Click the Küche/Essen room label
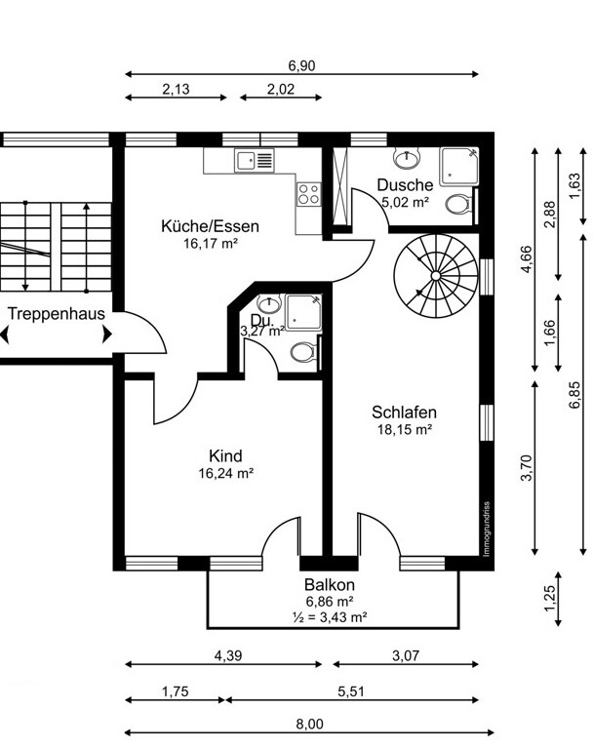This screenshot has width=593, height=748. (x=210, y=225)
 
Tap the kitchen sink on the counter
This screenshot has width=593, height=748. (x=255, y=160)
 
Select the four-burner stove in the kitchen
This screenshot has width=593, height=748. (x=308, y=194)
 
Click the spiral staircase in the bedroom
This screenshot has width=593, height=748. (x=436, y=276)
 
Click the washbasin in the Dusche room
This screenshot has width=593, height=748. (x=407, y=157)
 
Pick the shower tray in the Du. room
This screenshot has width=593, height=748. (x=303, y=311)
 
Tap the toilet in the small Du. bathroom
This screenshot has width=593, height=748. (x=303, y=352)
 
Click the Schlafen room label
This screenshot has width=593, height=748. (x=404, y=412)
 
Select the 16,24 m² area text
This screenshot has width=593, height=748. (x=225, y=473)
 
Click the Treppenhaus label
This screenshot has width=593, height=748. (x=57, y=313)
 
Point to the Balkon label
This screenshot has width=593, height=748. (x=330, y=584)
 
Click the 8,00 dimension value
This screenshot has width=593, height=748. (x=309, y=724)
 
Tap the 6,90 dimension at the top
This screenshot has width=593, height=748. (x=301, y=65)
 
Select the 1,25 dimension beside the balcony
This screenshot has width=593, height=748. (x=550, y=598)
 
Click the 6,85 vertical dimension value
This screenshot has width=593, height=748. (x=574, y=394)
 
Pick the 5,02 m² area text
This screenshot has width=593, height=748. (x=405, y=202)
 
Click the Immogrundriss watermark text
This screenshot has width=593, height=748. (x=487, y=529)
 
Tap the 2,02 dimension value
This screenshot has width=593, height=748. (x=281, y=89)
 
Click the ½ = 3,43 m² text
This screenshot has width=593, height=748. (x=330, y=617)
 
